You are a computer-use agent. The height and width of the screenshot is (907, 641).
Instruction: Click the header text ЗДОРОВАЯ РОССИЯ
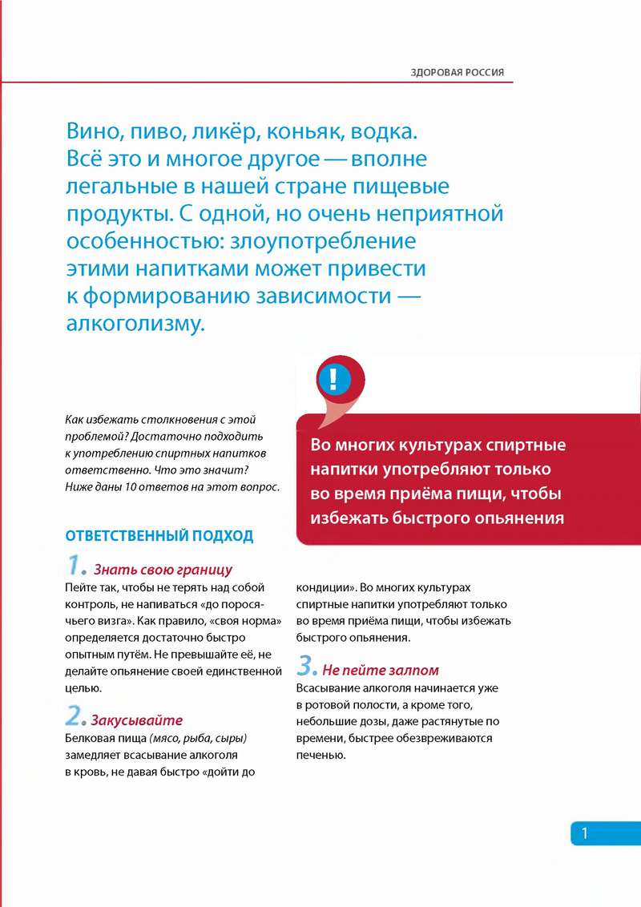tap(458, 72)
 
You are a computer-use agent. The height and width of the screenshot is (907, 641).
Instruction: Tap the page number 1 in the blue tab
tap(584, 833)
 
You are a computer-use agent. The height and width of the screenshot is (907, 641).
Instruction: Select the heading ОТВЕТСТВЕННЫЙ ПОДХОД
tap(159, 535)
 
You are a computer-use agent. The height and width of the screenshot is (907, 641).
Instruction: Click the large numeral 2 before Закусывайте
tap(75, 716)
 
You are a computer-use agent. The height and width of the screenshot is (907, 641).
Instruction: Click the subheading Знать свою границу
tap(163, 570)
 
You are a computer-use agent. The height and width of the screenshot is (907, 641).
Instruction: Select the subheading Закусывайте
tap(137, 720)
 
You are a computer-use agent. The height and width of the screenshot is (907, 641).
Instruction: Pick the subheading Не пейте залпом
tap(381, 671)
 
